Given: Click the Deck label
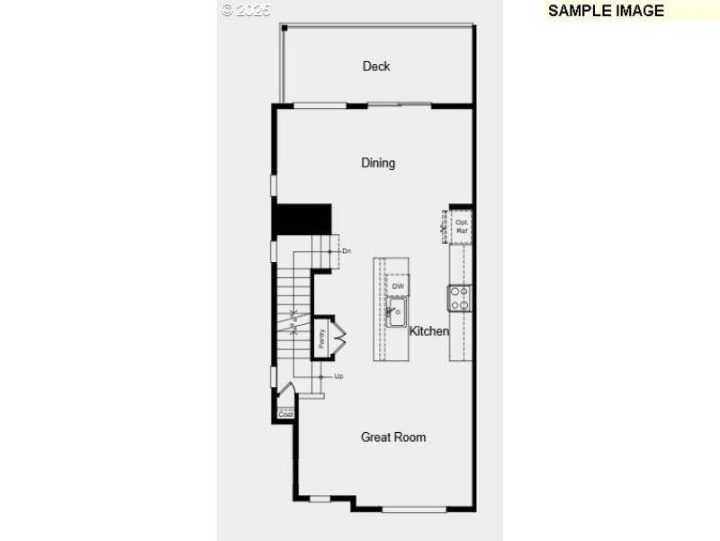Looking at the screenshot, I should [x=376, y=66].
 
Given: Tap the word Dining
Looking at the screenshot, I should [x=378, y=163].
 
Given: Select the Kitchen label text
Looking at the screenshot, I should [x=429, y=331].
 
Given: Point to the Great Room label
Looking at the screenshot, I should [x=393, y=437].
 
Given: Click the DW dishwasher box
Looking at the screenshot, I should [x=398, y=286].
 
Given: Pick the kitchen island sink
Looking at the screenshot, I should [x=397, y=313].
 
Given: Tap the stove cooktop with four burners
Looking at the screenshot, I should [x=460, y=298].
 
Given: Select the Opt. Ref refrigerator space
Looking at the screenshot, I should [x=461, y=226].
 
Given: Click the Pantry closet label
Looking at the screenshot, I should [x=321, y=338].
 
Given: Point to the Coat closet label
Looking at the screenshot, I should [x=285, y=414].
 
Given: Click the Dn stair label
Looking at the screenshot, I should [x=346, y=250].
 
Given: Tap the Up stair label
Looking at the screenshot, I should [x=338, y=376].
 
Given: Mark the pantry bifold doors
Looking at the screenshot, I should [x=339, y=338].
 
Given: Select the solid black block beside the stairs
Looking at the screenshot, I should [x=302, y=219].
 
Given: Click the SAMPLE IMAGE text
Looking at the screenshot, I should [x=606, y=11].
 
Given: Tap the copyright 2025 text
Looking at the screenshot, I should [x=246, y=10].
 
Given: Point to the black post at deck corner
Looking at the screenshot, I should [x=284, y=28].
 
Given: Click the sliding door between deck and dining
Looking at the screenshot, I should [x=400, y=105].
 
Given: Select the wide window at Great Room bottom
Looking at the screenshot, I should [x=414, y=509].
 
